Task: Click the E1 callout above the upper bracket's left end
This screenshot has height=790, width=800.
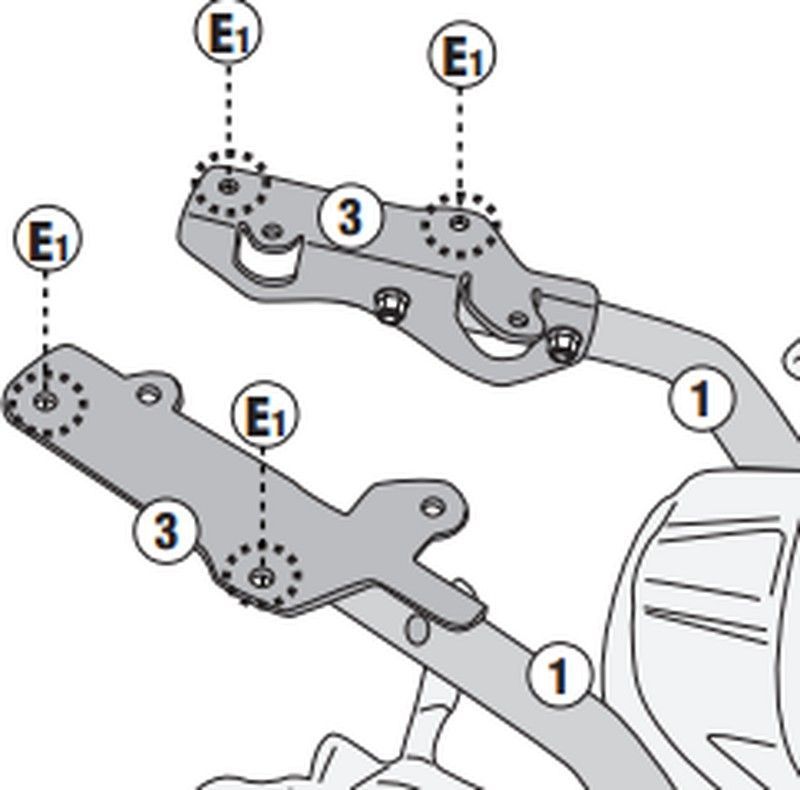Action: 227,35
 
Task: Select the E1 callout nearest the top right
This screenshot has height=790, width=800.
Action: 460,57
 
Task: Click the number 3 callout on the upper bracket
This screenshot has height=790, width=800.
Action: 348,216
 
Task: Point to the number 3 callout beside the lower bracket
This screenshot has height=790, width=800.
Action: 163,529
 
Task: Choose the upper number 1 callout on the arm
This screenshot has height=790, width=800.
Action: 701,397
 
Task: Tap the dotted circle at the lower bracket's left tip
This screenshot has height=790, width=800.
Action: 44,400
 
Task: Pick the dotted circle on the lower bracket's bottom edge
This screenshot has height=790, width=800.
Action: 262,573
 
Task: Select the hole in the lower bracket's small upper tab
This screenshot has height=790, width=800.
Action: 148,396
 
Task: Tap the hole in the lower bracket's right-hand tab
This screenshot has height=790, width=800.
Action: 432,505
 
